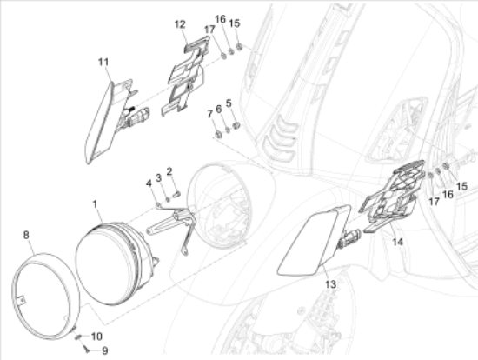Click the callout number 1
pos(95,204)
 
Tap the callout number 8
pos(26,235)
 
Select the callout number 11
pos(103,62)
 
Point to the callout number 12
pos(180,24)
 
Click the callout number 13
pos(331,284)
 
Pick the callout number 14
pos(397,243)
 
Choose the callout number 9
pos(104,350)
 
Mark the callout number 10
pos(96,337)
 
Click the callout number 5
pos(229,103)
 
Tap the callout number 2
pos(169,171)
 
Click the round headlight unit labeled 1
pos(115,263)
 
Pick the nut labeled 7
pos(218,134)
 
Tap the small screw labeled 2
pos(176,194)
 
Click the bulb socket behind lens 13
pos(350,237)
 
